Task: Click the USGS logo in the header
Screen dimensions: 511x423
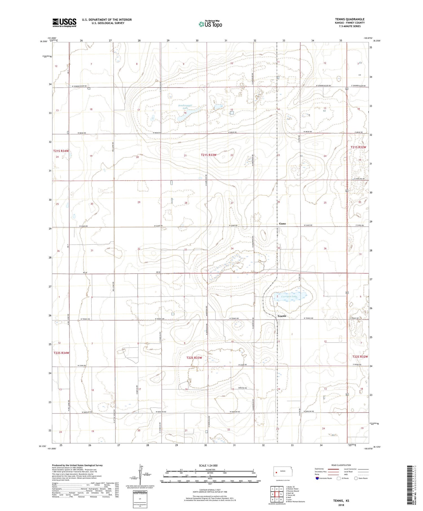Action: pyautogui.click(x=64, y=23)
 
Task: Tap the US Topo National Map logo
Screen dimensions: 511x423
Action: pyautogui.click(x=210, y=24)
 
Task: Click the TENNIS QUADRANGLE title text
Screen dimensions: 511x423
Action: pyautogui.click(x=350, y=19)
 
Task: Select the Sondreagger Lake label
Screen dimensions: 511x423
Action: pyautogui.click(x=185, y=107)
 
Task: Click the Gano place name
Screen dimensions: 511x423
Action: pyautogui.click(x=282, y=224)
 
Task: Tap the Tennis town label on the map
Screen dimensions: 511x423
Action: pyautogui.click(x=282, y=316)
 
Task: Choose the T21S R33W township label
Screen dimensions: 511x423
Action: pyautogui.click(x=209, y=155)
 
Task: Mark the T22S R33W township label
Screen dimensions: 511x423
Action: pyautogui.click(x=194, y=358)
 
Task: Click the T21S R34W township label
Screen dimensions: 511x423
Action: pyautogui.click(x=61, y=151)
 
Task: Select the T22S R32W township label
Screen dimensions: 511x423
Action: pyautogui.click(x=360, y=357)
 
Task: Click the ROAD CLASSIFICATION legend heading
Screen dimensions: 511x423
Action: pyautogui.click(x=341, y=465)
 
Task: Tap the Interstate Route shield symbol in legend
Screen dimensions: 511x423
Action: pyautogui.click(x=317, y=478)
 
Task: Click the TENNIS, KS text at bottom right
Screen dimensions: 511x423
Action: pyautogui.click(x=341, y=501)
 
